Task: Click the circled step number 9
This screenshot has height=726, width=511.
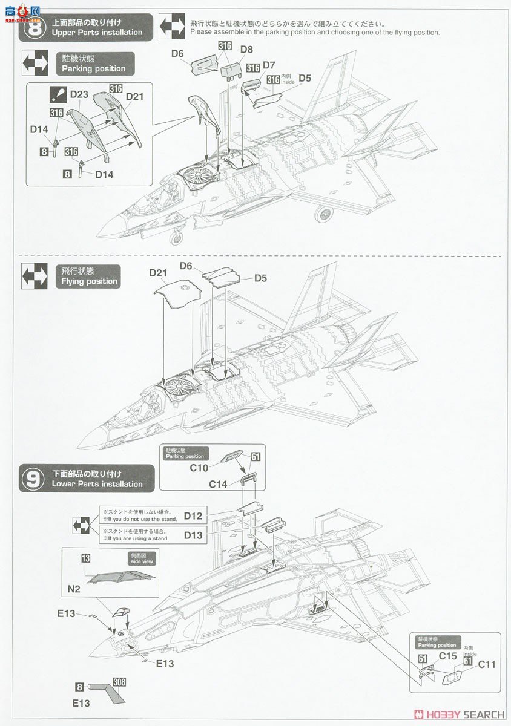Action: pyautogui.click(x=33, y=479)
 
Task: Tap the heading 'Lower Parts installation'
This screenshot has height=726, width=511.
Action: pyautogui.click(x=97, y=484)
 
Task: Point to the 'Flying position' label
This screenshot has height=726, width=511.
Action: pyautogui.click(x=89, y=281)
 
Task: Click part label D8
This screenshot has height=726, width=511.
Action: pyautogui.click(x=246, y=50)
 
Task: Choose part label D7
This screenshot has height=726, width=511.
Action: pyautogui.click(x=269, y=65)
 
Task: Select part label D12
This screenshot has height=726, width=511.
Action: pyautogui.click(x=193, y=516)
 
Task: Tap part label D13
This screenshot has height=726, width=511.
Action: pyautogui.click(x=193, y=535)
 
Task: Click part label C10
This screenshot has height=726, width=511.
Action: pyautogui.click(x=199, y=468)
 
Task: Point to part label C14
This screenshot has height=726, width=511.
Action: pyautogui.click(x=218, y=484)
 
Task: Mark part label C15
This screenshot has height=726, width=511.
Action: pyautogui.click(x=447, y=656)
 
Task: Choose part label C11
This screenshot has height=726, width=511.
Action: pyautogui.click(x=487, y=664)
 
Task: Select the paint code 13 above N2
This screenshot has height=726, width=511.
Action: pyautogui.click(x=85, y=557)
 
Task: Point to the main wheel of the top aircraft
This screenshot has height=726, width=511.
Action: pyautogui.click(x=324, y=214)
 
